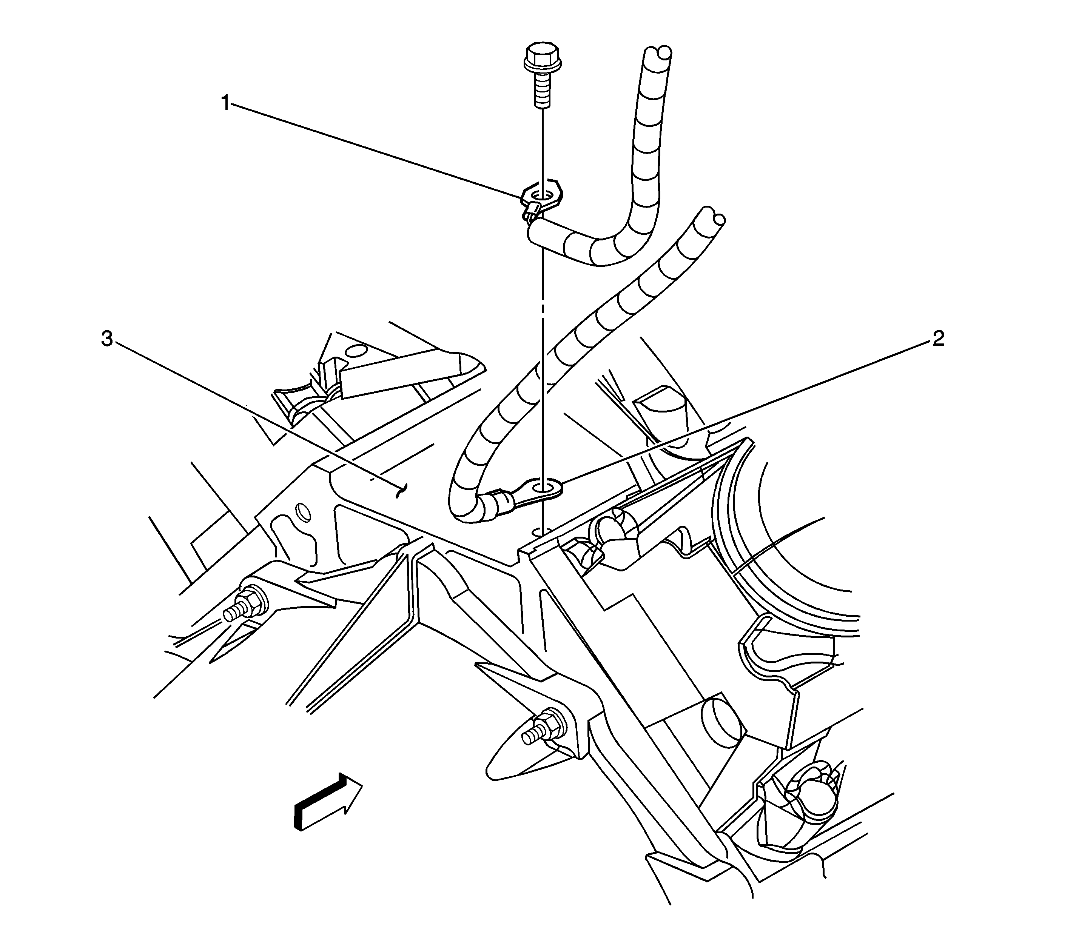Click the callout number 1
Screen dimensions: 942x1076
click(x=225, y=103)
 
